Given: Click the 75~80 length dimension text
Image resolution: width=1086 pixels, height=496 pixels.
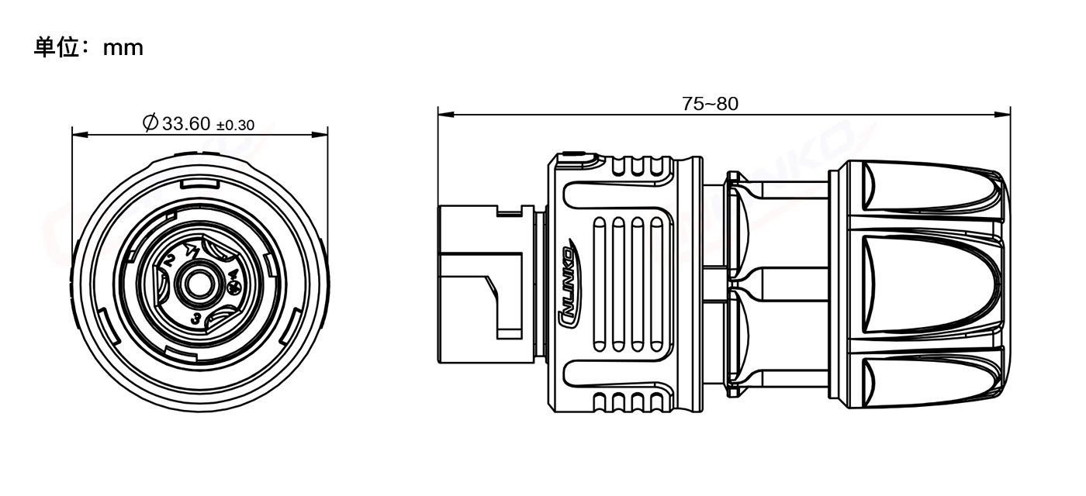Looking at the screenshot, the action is [x=710, y=104].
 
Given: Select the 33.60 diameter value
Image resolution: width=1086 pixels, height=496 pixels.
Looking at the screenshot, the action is [x=186, y=124].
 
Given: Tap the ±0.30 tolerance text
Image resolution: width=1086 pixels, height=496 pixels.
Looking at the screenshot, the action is [x=235, y=126].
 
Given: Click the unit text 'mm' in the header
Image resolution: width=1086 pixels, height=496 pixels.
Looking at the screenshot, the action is [x=123, y=48].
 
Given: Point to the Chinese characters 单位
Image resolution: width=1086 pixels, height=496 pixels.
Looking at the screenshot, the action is [x=56, y=47].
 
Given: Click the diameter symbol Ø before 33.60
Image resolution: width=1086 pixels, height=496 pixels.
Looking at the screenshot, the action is [x=150, y=122].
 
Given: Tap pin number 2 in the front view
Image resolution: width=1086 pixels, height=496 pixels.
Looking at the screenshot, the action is [x=169, y=261].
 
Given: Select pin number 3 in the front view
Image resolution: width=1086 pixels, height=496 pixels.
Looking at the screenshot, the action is [x=195, y=319].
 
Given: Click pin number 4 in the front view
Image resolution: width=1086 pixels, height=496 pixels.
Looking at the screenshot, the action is [x=233, y=274].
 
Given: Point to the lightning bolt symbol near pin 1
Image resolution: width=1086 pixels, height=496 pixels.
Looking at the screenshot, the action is [x=192, y=250].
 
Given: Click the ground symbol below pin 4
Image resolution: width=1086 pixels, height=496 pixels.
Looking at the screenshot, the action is [x=234, y=288].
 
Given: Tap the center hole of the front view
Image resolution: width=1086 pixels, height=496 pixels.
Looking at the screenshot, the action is [x=199, y=284].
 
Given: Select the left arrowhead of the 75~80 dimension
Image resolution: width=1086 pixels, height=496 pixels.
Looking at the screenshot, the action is [x=446, y=115].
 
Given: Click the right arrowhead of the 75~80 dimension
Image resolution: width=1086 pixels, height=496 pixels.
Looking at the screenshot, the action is [x=1002, y=115].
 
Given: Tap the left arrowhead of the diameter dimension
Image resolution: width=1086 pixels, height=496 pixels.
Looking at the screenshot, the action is [x=80, y=134].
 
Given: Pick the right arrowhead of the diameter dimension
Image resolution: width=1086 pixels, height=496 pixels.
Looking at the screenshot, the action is [x=320, y=134].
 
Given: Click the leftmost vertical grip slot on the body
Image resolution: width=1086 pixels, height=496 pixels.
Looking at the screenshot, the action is [x=599, y=284].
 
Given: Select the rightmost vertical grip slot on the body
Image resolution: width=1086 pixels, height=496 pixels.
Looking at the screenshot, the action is [x=656, y=284].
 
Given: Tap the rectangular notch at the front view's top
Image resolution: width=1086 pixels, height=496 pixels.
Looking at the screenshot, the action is [x=199, y=184].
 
